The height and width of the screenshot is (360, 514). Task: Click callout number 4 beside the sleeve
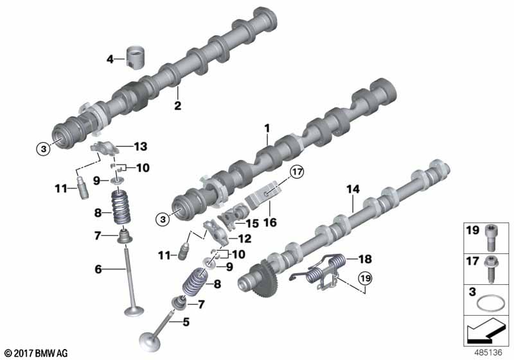[x=110, y=60]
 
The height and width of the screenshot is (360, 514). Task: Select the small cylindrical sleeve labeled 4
[x=136, y=58]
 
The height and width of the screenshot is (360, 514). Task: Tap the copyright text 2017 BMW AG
[x=35, y=353]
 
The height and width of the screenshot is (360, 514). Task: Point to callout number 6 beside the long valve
[x=98, y=269]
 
